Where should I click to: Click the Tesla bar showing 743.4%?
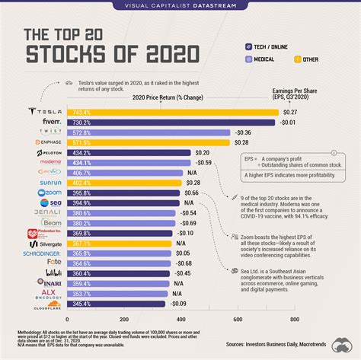(x=172, y=112)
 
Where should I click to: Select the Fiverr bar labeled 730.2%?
(x=171, y=122)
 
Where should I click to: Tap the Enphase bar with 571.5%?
(x=149, y=142)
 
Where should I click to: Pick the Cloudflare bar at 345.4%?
(x=116, y=304)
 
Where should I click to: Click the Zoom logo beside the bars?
(x=43, y=193)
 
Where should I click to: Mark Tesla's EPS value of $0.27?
(x=291, y=112)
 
